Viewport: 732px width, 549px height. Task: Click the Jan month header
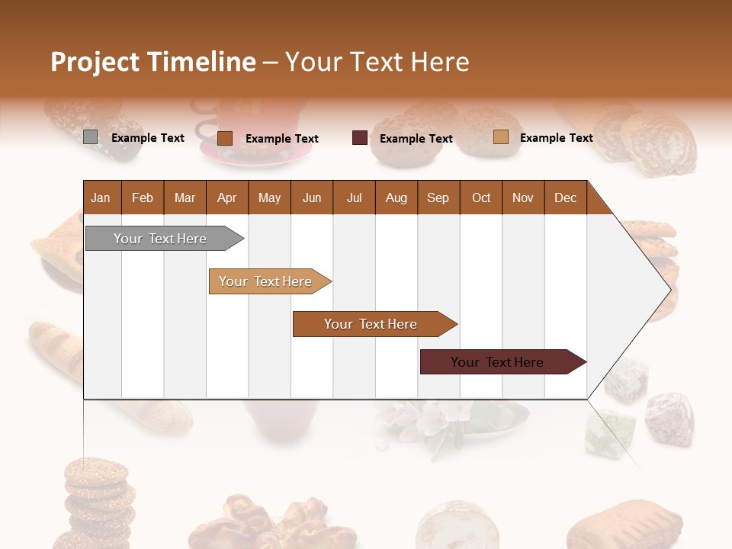pos(101,197)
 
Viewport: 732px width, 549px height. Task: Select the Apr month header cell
pos(227,197)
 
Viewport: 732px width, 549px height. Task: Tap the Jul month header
pos(354,197)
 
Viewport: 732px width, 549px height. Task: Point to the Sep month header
pos(438,197)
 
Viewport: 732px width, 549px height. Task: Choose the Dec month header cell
pos(565,197)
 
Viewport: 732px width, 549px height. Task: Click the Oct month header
pos(481,197)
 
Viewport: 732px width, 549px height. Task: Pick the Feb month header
pos(143,197)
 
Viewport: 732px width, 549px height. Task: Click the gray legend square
pos(90,137)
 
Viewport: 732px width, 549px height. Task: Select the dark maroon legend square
pos(360,138)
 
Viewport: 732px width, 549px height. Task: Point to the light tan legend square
pos(500,137)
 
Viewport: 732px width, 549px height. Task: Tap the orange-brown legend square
pos(225,138)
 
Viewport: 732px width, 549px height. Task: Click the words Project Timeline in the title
pos(152,62)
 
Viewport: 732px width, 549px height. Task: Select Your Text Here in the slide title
pos(377,62)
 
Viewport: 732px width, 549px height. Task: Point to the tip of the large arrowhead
pos(669,289)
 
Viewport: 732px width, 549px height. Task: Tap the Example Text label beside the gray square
pos(148,138)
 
